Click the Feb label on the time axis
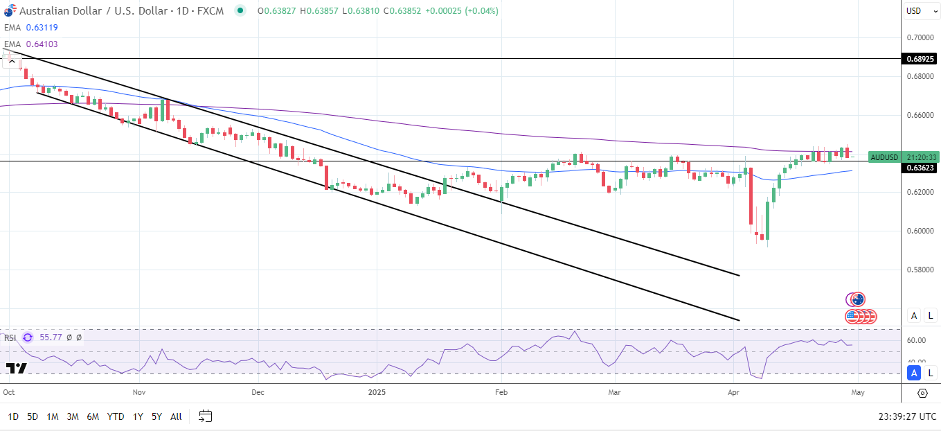pyautogui.click(x=501, y=392)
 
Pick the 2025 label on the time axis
pyautogui.click(x=377, y=392)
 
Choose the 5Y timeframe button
pyautogui.click(x=157, y=416)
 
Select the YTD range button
pyautogui.click(x=116, y=416)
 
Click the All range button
pyautogui.click(x=176, y=416)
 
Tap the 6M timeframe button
pyautogui.click(x=92, y=416)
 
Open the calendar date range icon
pyautogui.click(x=205, y=416)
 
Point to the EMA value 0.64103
pyautogui.click(x=42, y=44)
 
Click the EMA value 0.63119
pyautogui.click(x=42, y=28)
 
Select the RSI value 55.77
pyautogui.click(x=51, y=337)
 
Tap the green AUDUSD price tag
pyautogui.click(x=884, y=157)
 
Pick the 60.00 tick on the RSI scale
pyautogui.click(x=916, y=340)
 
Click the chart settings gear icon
pyautogui.click(x=922, y=393)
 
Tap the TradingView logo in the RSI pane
pyautogui.click(x=17, y=369)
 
